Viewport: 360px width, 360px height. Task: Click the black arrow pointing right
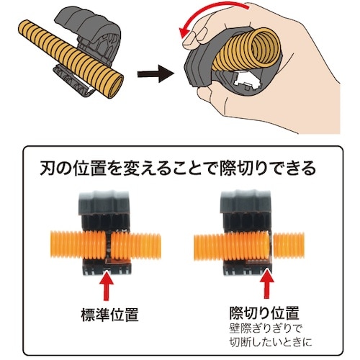point(157,72)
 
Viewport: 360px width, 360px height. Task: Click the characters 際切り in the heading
point(238,171)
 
